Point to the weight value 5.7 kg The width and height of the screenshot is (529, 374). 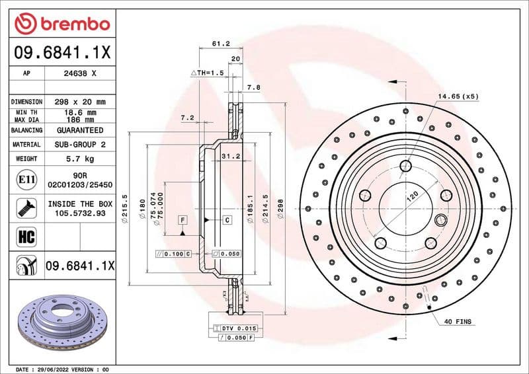pos(79,159)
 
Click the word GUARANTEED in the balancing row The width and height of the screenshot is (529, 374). pos(79,130)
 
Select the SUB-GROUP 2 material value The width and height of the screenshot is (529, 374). pos(79,144)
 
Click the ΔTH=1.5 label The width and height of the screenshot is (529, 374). pos(208,73)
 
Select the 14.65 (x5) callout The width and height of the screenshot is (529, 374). pos(458,96)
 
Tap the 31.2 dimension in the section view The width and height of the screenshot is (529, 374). pos(229,157)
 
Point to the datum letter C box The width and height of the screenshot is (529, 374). pos(226,219)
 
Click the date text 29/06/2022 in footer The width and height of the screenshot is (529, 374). pos(52,369)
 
